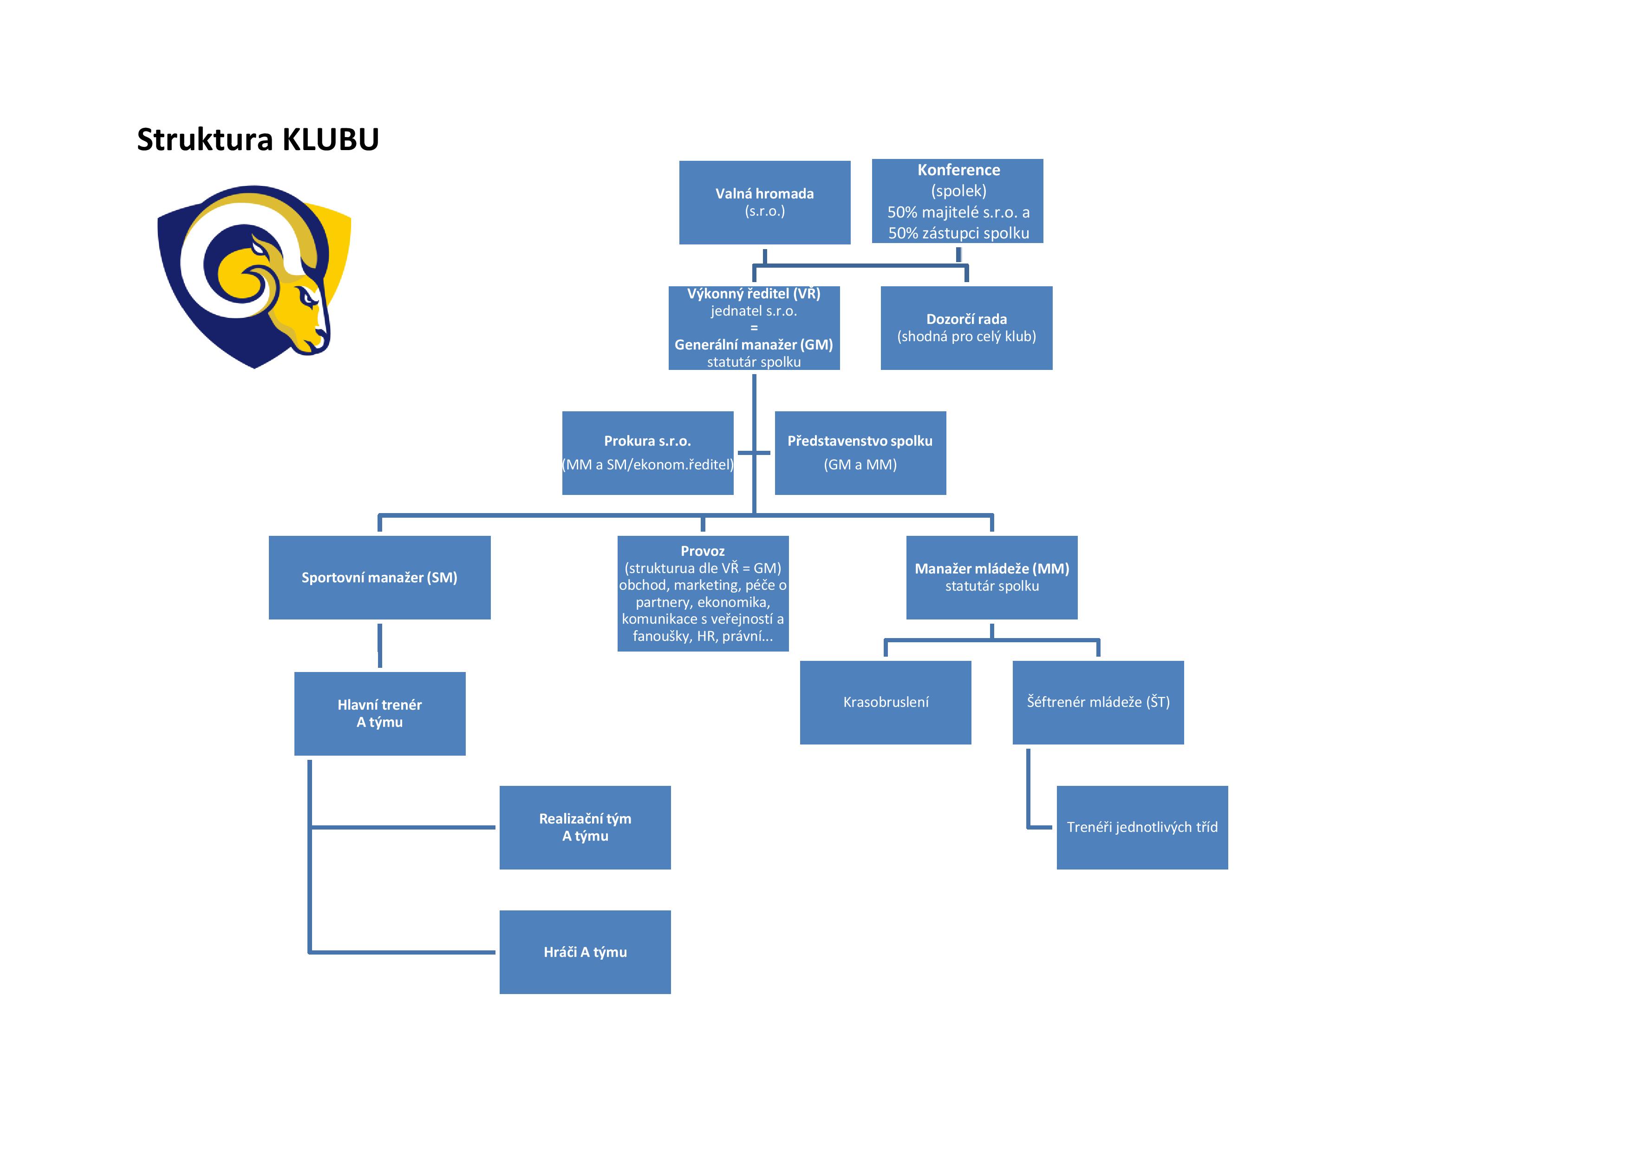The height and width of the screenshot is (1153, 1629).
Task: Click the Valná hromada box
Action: (x=764, y=202)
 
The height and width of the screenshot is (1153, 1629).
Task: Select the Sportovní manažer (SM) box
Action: (x=379, y=577)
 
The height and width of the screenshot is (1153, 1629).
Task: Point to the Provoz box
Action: (x=703, y=593)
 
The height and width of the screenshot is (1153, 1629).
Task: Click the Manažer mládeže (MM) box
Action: (x=991, y=577)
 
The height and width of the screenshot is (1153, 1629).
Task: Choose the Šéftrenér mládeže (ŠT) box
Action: (x=1098, y=702)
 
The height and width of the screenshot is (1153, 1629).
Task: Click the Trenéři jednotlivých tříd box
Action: (x=1141, y=827)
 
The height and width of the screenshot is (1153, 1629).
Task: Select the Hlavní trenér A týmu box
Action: (x=379, y=713)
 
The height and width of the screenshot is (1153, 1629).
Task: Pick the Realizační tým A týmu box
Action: (x=585, y=827)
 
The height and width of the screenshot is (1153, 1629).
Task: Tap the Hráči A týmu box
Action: (x=585, y=952)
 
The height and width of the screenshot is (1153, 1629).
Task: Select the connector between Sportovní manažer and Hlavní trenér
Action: (x=379, y=646)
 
